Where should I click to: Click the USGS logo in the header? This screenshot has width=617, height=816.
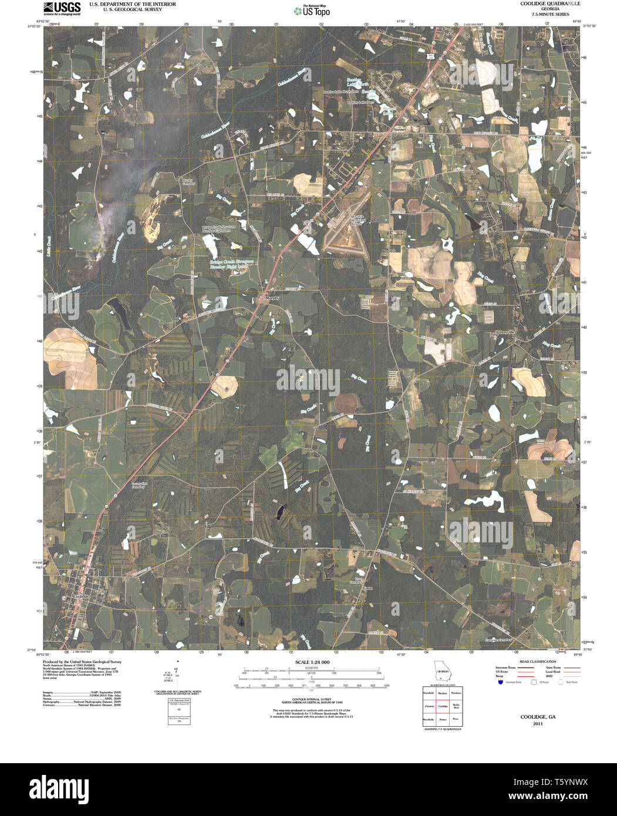(x=62, y=8)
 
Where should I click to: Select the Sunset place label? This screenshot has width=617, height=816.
(x=400, y=128)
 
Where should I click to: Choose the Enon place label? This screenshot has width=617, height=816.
(x=368, y=587)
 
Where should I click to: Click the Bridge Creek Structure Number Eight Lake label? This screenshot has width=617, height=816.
(x=231, y=264)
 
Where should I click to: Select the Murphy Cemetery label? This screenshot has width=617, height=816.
(x=188, y=183)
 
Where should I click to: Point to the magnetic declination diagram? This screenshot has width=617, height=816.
(x=178, y=675)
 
